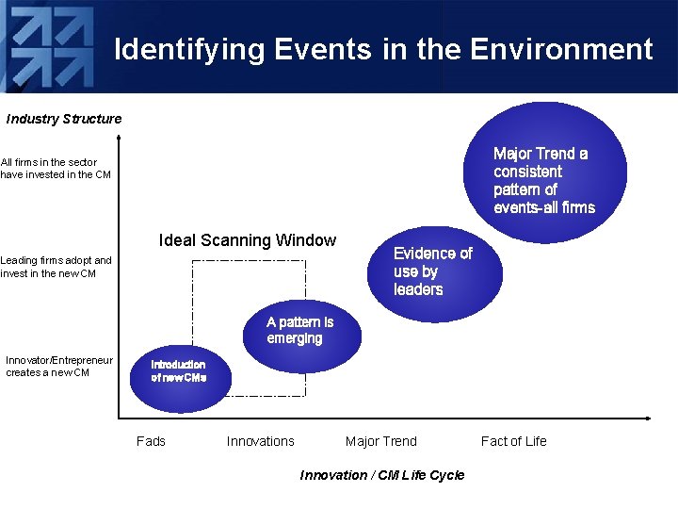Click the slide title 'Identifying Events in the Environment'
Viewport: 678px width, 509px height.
(383, 49)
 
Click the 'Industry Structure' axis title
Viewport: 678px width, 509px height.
(64, 119)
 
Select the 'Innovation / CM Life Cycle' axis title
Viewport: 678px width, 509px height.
(381, 475)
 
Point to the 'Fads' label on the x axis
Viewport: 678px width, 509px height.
(151, 441)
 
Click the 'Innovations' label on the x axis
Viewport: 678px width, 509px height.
(260, 441)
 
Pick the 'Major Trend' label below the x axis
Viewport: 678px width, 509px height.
(380, 441)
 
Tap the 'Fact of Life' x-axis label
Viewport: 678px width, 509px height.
(513, 441)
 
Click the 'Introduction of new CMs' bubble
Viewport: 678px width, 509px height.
(178, 372)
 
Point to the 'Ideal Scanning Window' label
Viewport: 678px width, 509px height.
(248, 240)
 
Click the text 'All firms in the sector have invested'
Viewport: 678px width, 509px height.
(56, 168)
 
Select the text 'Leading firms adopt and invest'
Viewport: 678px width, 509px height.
(56, 267)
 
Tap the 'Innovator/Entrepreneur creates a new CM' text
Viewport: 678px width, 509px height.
(58, 366)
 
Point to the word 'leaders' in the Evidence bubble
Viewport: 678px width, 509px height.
(418, 290)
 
